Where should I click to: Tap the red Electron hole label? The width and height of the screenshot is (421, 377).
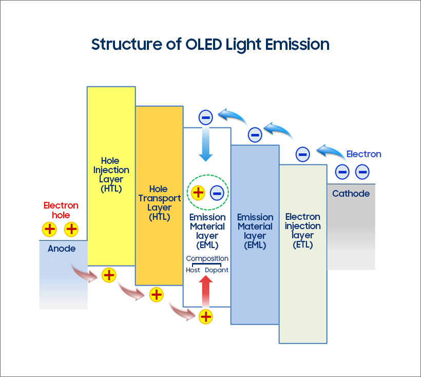click(x=61, y=211)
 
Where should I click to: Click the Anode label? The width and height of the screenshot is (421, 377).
click(x=62, y=249)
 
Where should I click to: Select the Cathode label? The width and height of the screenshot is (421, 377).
click(x=351, y=194)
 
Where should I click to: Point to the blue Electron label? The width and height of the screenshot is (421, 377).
click(x=363, y=154)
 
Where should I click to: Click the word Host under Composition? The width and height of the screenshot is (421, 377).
click(x=193, y=270)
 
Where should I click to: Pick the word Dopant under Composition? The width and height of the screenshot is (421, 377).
click(x=217, y=270)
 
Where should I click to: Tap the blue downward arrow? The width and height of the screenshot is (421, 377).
click(x=205, y=144)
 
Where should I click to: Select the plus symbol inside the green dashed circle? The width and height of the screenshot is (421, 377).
click(x=198, y=193)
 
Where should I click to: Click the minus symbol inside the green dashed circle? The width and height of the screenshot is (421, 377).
click(x=217, y=193)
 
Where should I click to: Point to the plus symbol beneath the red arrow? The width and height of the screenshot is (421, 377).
click(x=205, y=316)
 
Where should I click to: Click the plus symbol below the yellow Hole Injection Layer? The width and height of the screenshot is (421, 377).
click(x=108, y=275)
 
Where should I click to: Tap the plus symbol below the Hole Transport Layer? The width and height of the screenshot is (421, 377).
click(x=156, y=295)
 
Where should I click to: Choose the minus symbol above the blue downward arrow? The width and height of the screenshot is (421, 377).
click(x=205, y=118)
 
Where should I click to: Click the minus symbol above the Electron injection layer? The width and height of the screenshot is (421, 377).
click(x=302, y=154)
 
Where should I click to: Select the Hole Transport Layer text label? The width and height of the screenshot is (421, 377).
click(x=159, y=203)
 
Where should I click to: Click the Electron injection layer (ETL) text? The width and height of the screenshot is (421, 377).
click(x=303, y=231)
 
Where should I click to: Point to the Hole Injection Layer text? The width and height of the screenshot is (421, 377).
click(x=111, y=175)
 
